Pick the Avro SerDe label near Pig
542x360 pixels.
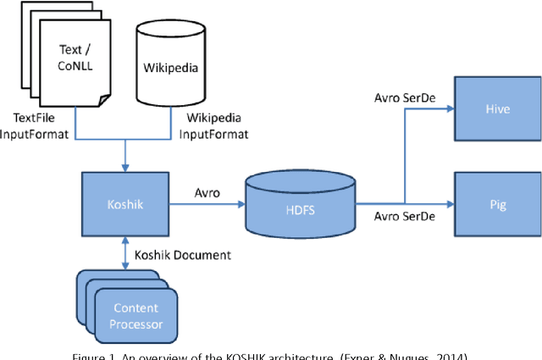(x=405, y=217)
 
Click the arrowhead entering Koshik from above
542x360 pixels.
(x=124, y=166)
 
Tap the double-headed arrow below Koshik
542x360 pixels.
(x=124, y=254)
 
